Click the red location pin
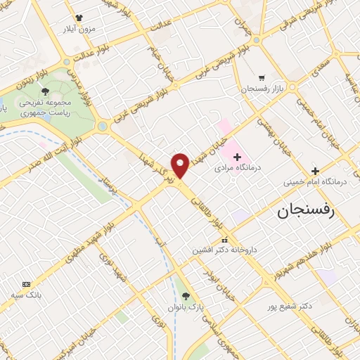(181, 165)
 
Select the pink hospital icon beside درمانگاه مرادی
(236, 156)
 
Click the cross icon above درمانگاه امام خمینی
(315, 171)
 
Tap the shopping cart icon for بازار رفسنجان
(262, 78)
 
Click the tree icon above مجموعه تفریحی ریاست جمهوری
(46, 91)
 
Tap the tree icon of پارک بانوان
(186, 296)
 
